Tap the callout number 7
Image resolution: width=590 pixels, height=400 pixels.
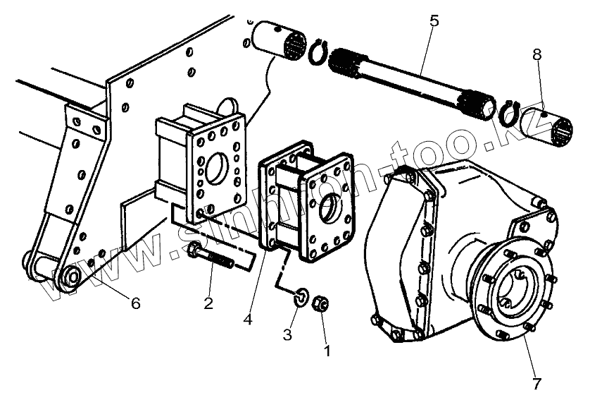tap(536, 383)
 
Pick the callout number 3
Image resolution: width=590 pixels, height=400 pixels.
tap(287, 334)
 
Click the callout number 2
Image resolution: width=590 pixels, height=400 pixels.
tap(208, 303)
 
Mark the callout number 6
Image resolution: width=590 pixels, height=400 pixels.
tap(135, 303)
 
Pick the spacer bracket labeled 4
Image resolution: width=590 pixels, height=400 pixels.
tap(310, 205)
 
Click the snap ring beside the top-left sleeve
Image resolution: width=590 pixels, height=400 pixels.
tap(318, 54)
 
